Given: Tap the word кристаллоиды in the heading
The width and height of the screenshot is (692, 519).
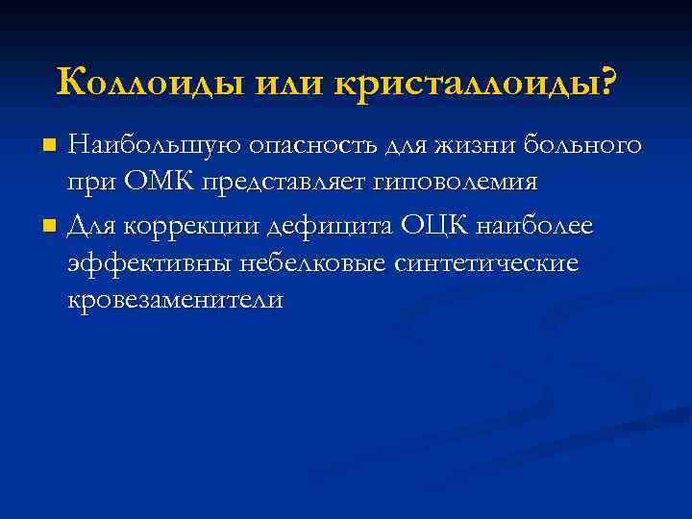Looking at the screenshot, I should click(470, 83).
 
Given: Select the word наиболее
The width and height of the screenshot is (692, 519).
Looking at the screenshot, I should click(540, 227).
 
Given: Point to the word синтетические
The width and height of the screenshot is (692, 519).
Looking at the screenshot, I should click(486, 263).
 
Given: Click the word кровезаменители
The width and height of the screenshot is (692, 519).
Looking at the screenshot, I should click(176, 299).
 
